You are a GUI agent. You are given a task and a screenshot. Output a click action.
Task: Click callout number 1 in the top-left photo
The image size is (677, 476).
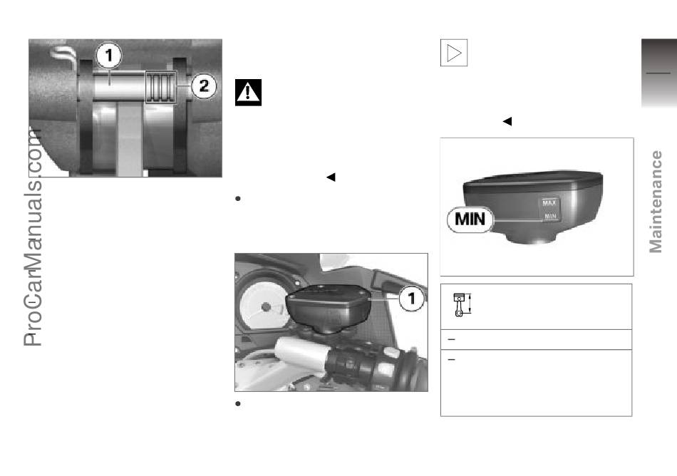(108, 56)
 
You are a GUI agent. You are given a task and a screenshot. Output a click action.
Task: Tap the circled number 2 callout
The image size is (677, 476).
(204, 86)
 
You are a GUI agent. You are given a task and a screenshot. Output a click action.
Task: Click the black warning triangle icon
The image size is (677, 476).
(248, 93)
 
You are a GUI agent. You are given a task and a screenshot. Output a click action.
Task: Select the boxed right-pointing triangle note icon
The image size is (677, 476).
(454, 53)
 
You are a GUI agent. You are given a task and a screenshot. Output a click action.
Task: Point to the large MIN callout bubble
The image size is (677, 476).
(470, 219)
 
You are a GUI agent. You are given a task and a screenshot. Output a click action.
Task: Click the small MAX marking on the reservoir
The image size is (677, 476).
(549, 203)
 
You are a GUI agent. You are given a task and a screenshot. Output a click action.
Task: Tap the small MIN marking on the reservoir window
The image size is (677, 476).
(550, 216)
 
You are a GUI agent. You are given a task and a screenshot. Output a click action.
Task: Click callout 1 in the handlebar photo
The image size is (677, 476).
(411, 298)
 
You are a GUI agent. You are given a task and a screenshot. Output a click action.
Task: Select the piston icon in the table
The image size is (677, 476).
(462, 305)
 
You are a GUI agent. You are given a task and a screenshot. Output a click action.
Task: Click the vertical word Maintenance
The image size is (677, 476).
(656, 202)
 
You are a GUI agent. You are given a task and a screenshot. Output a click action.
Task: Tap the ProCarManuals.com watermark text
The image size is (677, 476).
(33, 237)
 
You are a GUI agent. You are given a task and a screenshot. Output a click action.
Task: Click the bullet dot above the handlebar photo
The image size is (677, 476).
(237, 199)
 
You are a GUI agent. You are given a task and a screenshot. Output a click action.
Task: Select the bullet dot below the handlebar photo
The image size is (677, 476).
(237, 404)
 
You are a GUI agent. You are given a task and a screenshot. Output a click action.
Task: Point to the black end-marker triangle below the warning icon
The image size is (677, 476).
(331, 177)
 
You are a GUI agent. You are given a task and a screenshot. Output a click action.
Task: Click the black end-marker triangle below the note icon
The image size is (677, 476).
(507, 121)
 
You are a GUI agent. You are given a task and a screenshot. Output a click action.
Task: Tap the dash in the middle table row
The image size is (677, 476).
(452, 340)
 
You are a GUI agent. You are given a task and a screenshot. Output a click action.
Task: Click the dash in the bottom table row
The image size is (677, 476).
(452, 359)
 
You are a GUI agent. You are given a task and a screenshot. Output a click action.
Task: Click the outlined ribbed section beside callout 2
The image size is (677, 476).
(161, 87)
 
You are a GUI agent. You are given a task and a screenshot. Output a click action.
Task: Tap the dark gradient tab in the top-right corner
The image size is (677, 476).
(659, 73)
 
